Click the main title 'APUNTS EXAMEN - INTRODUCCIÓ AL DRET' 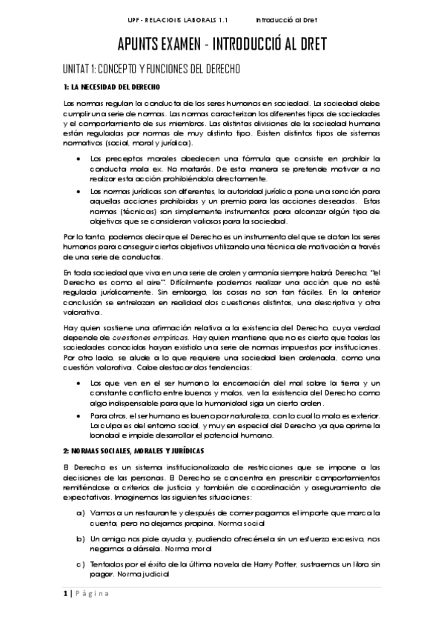coord(222,44)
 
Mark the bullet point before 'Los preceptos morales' coord(80,158)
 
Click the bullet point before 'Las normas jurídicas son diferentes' coord(80,191)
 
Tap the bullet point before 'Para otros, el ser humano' coord(80,415)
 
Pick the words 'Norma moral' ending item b coord(168,549)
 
